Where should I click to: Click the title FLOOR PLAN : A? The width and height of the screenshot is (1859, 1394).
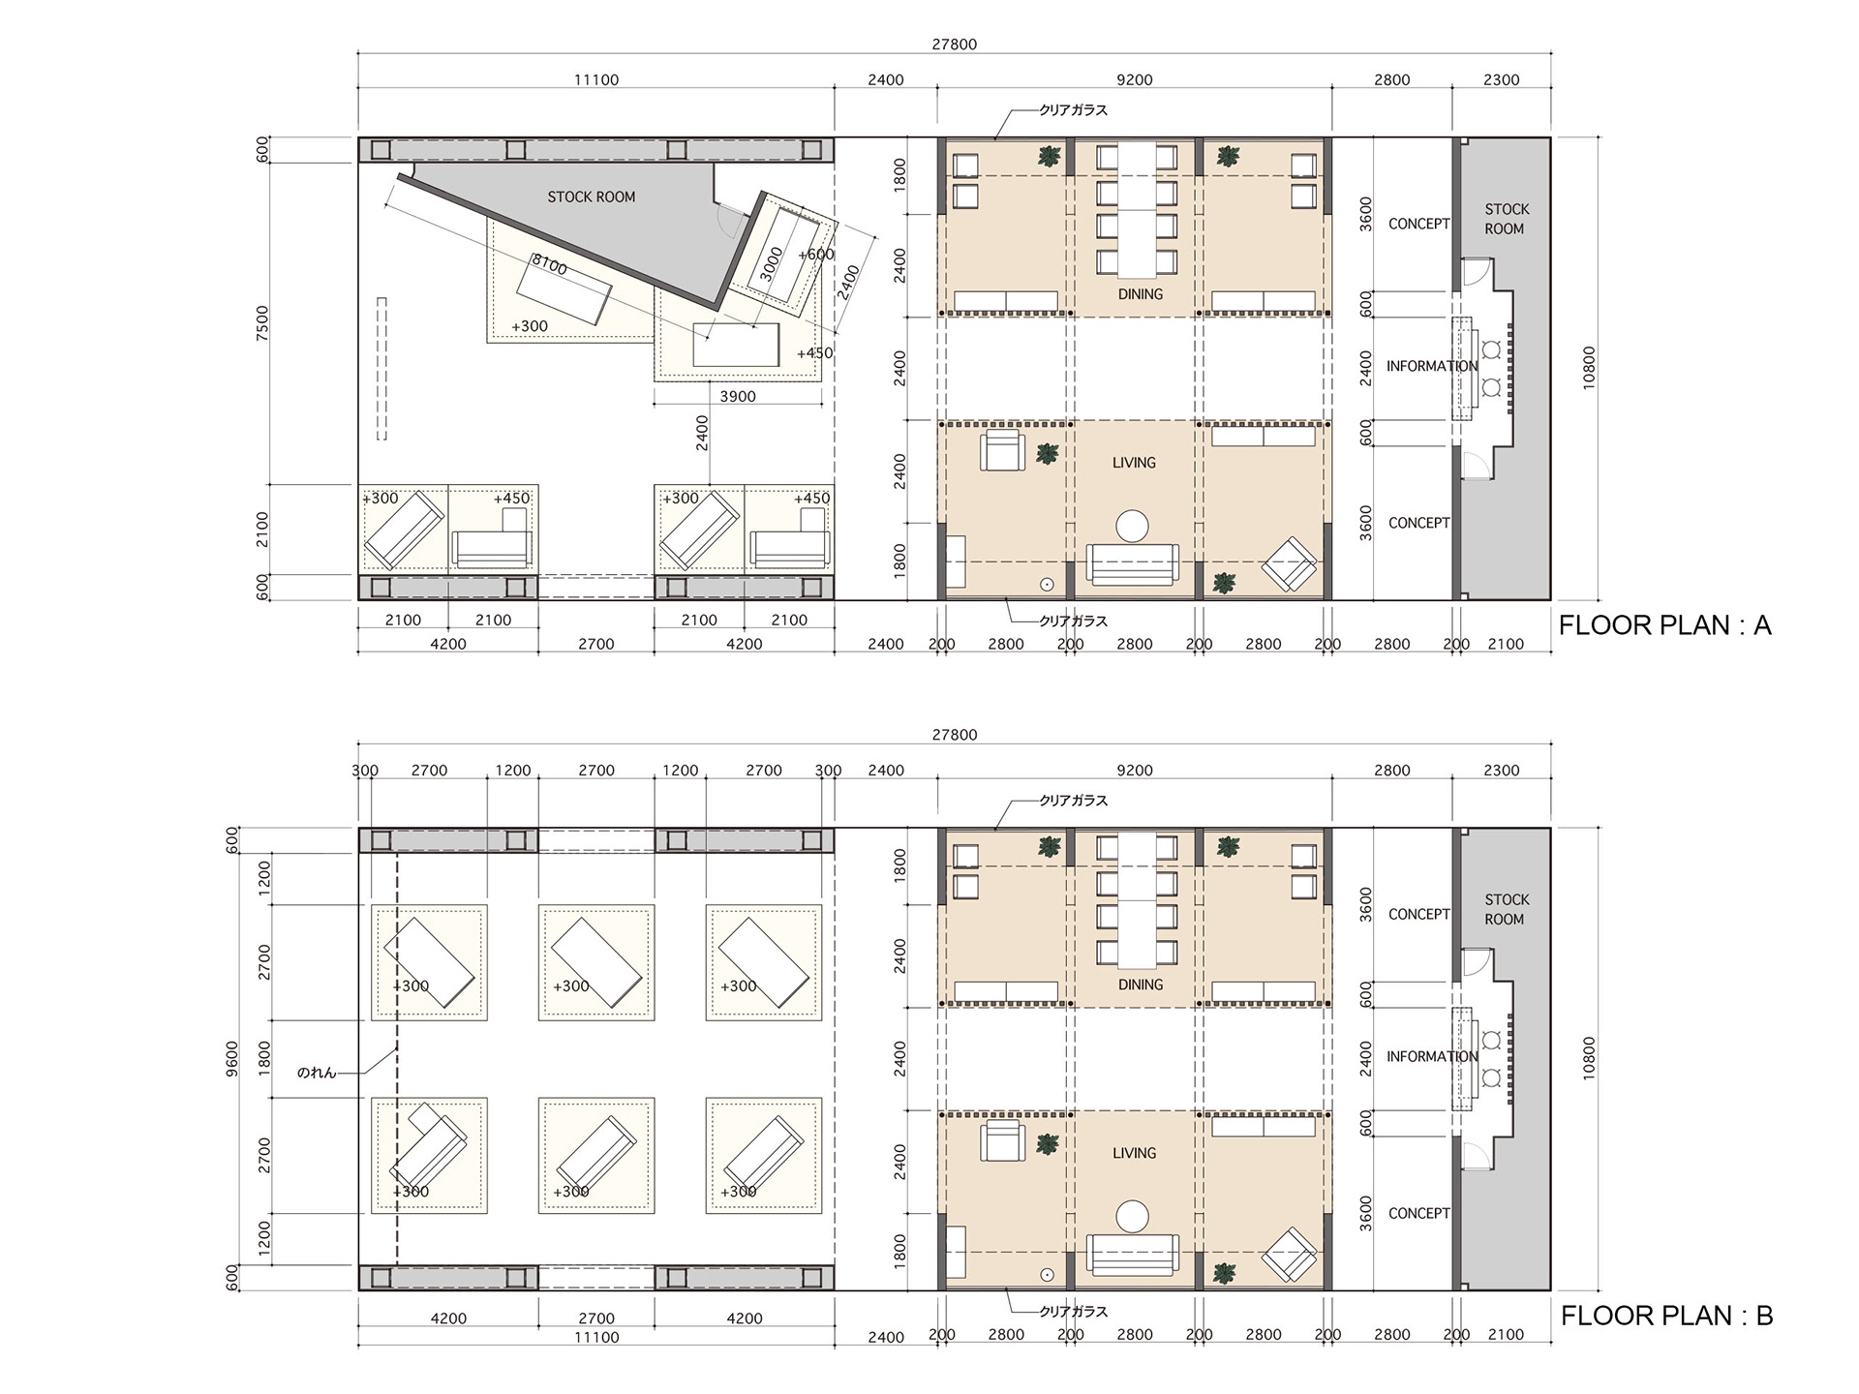[x=1665, y=625]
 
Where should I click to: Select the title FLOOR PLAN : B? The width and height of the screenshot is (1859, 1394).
[x=1666, y=1316]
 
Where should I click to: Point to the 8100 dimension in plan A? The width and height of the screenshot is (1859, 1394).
[x=549, y=264]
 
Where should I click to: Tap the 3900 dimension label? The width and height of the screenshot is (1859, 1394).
[x=738, y=396]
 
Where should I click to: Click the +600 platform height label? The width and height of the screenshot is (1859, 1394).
[x=816, y=255]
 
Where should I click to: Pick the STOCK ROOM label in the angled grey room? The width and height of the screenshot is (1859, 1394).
[x=592, y=197]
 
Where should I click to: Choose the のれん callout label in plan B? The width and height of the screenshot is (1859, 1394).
[x=317, y=1073]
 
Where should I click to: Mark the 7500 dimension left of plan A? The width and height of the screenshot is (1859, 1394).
[x=262, y=323]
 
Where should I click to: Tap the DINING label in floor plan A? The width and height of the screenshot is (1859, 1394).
[x=1141, y=294]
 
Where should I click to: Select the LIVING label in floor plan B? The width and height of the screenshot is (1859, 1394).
[x=1134, y=1153]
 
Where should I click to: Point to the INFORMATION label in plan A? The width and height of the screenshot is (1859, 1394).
[x=1432, y=366]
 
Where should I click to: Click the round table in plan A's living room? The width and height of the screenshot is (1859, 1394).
[x=1132, y=527]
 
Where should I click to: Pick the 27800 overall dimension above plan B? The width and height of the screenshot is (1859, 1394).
[x=955, y=735]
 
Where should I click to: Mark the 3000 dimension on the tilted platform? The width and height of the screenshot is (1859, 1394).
[x=771, y=263]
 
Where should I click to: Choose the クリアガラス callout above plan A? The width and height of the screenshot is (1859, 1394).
[x=1074, y=110]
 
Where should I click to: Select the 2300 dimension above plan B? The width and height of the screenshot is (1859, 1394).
[x=1501, y=771]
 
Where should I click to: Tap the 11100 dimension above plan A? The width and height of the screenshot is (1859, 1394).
[x=596, y=80]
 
